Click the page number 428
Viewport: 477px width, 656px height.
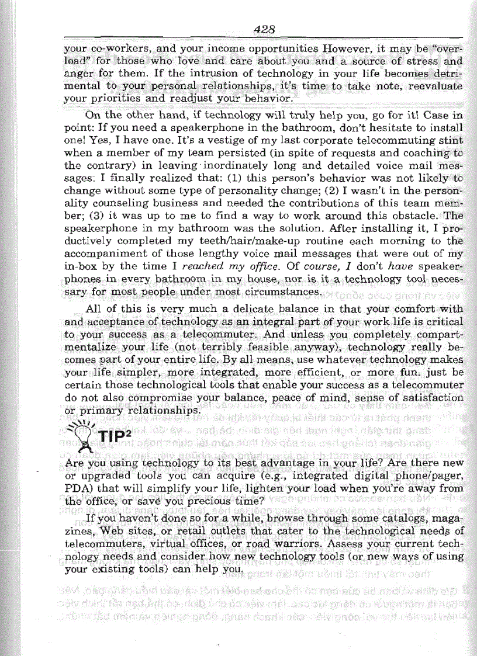265,29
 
